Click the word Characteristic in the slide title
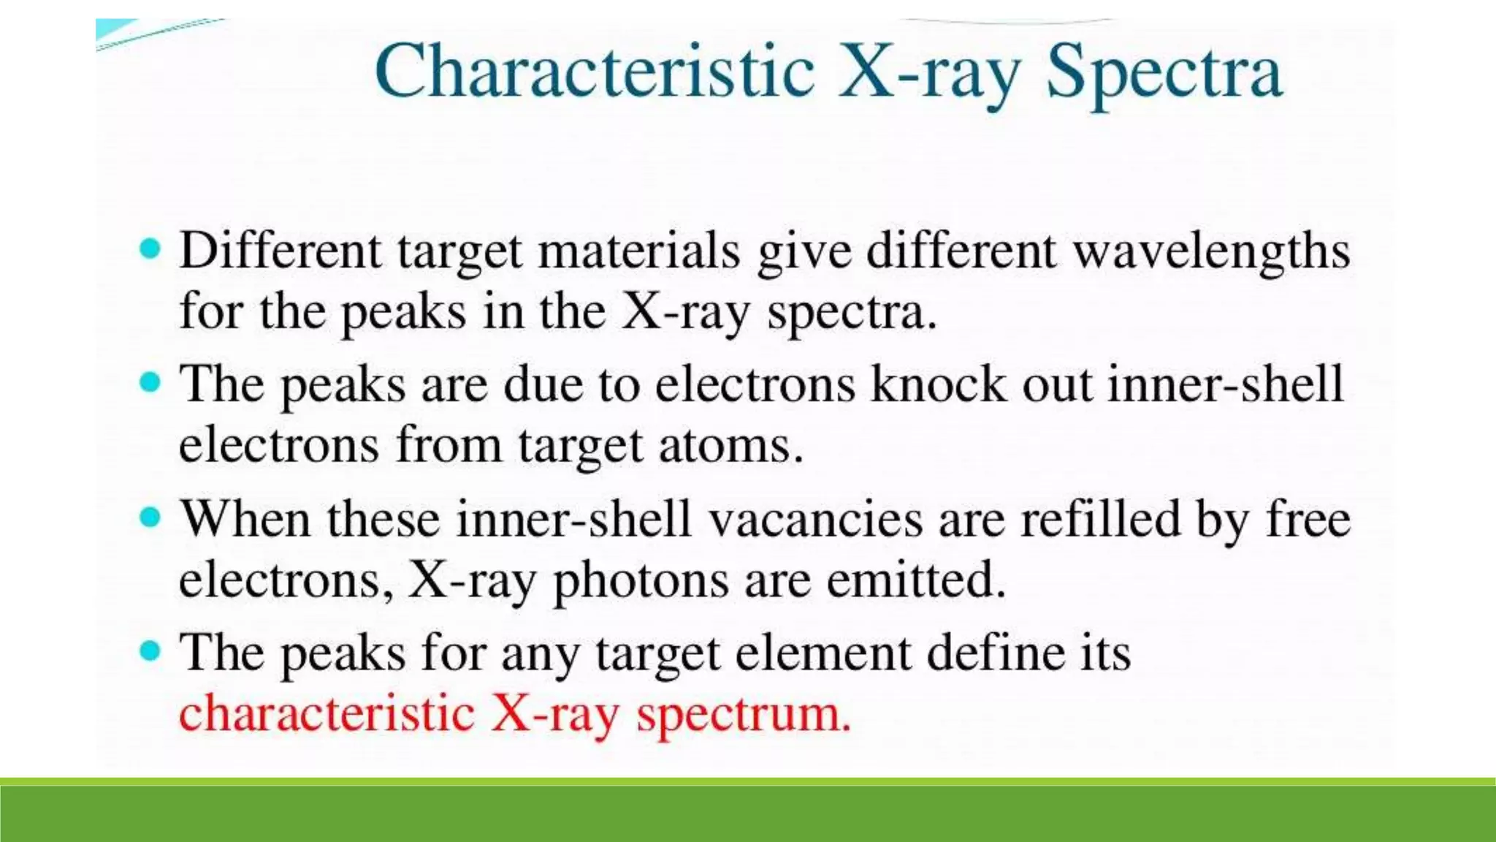(593, 72)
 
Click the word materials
(639, 251)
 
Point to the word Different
(280, 251)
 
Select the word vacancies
(817, 519)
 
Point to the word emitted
(916, 580)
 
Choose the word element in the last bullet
(823, 653)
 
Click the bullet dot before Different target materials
(150, 249)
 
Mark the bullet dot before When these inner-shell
(150, 517)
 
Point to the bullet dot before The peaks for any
(150, 651)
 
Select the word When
(245, 519)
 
